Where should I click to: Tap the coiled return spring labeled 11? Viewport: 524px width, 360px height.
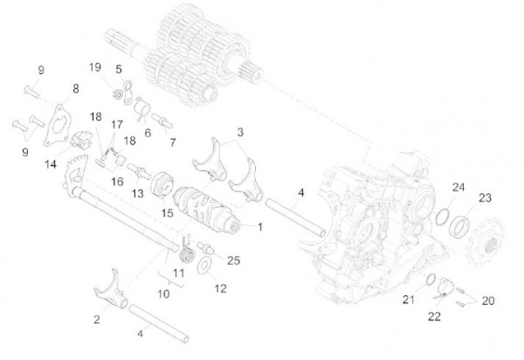coord(185,254)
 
